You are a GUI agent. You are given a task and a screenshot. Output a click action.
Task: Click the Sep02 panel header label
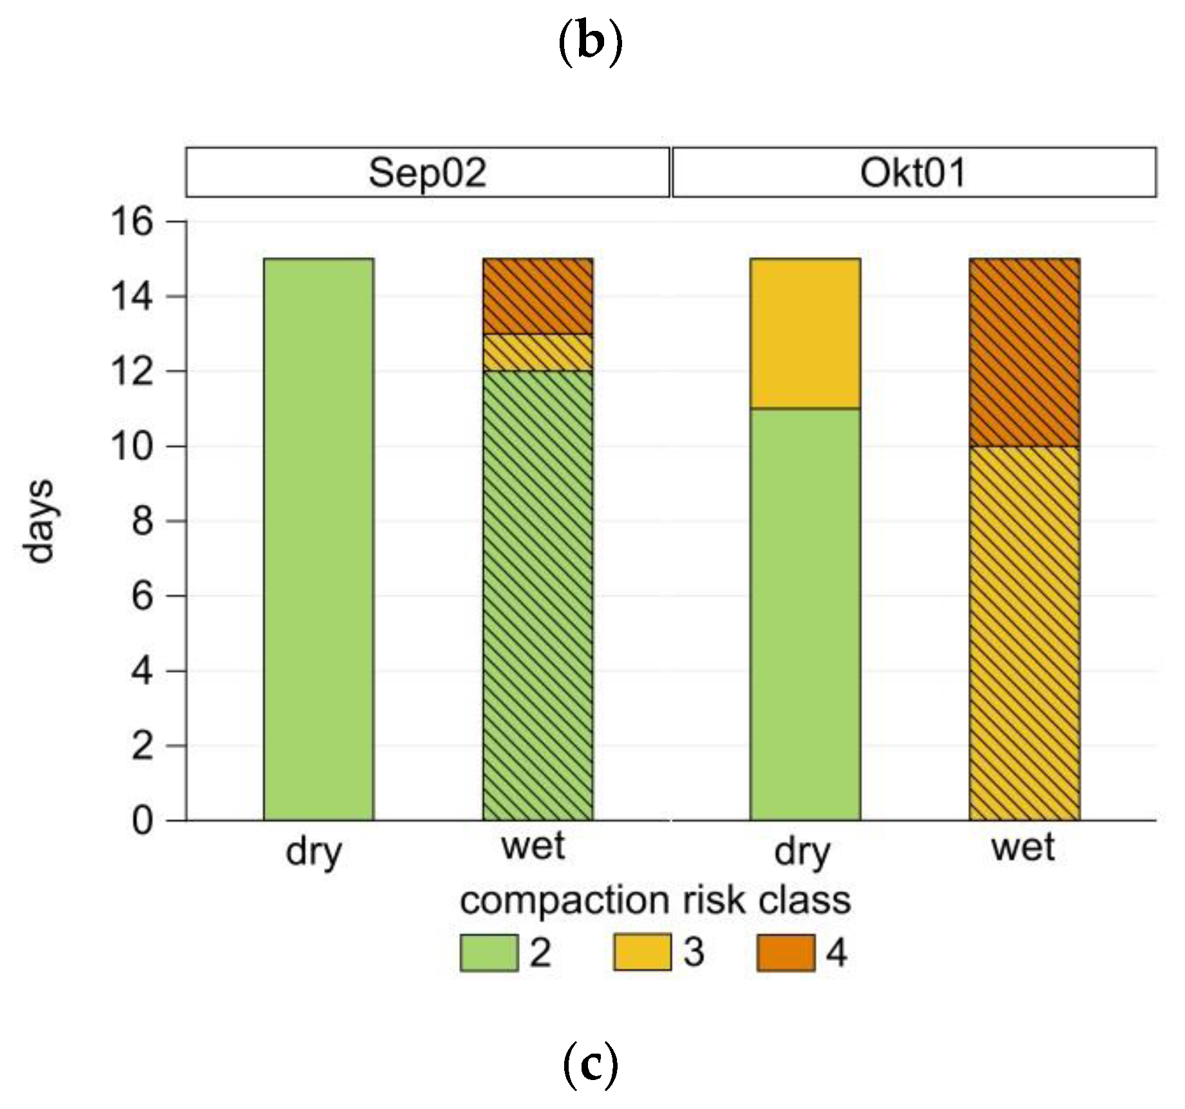click(427, 173)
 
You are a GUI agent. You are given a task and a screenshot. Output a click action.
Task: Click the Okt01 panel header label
click(913, 173)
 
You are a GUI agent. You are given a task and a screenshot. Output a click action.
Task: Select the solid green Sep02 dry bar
click(319, 539)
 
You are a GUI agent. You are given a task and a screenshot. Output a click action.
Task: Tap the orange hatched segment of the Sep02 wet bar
click(538, 296)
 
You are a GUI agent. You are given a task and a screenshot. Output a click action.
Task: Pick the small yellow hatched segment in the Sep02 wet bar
click(538, 352)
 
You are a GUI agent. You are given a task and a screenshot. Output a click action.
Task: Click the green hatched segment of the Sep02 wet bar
click(538, 595)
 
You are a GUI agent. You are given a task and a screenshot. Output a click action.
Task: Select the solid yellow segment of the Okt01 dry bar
click(805, 333)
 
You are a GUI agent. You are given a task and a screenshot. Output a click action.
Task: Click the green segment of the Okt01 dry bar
click(805, 614)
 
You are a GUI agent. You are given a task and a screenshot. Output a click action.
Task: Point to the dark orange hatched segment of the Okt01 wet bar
click(1025, 352)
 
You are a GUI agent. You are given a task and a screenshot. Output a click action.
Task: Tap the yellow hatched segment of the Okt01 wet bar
click(1025, 633)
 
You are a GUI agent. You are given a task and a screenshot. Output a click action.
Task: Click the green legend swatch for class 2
click(489, 953)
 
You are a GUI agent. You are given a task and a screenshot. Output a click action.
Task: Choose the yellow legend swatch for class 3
click(642, 953)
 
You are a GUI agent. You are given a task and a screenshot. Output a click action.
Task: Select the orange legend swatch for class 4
click(785, 953)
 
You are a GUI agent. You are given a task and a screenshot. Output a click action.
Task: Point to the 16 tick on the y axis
click(132, 222)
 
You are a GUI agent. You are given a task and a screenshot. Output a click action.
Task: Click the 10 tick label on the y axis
click(132, 446)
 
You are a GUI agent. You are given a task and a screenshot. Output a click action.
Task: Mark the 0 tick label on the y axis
click(142, 821)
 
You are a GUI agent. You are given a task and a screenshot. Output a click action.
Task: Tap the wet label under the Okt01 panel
click(1023, 848)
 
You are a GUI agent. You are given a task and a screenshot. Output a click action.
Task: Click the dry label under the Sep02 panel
click(314, 851)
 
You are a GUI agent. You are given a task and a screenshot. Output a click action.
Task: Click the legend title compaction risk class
click(655, 900)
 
